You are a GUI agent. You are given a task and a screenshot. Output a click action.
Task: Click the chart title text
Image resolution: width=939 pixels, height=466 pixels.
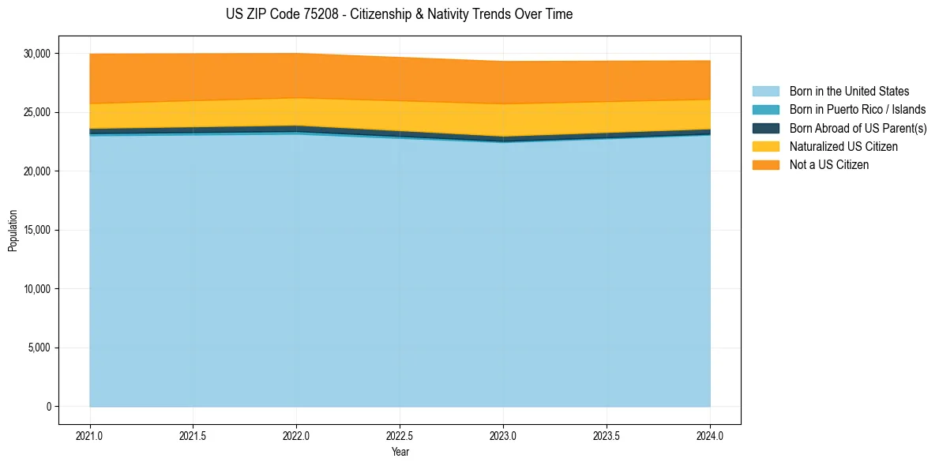pos(399,14)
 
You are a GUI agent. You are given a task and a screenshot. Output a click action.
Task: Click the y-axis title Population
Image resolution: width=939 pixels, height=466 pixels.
pos(13,230)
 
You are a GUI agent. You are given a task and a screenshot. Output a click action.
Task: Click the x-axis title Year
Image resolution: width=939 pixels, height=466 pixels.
pos(400,452)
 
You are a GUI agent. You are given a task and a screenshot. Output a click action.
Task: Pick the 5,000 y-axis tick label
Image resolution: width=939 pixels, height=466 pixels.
pos(39,348)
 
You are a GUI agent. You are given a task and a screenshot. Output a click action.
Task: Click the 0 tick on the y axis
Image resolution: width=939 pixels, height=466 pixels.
pos(48,407)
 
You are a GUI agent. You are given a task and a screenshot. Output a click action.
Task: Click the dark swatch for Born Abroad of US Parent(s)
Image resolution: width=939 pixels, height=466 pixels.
pos(765,128)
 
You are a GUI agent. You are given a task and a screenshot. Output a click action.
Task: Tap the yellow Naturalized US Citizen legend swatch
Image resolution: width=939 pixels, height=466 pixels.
pos(765,146)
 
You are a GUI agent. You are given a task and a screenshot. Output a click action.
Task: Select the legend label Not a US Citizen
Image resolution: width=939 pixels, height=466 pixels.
pos(829,165)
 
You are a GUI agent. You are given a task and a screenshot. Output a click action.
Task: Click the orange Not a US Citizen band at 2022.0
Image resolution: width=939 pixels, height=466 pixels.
pos(296,76)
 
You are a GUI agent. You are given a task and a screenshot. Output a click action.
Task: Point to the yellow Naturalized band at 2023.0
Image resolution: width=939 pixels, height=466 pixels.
pos(503,120)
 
